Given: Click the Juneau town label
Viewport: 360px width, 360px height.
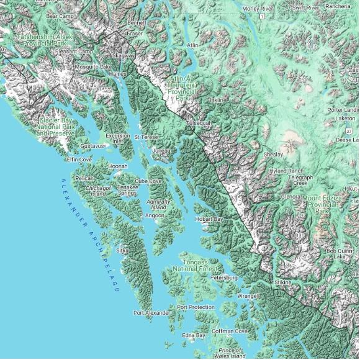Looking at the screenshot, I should [x=161, y=150].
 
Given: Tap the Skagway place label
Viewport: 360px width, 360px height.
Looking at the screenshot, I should [x=124, y=56].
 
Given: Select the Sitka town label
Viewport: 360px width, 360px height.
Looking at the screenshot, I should [x=122, y=250].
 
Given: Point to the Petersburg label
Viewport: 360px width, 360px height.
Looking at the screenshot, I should [x=224, y=278].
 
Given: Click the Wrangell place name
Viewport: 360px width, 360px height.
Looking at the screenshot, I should [x=248, y=296].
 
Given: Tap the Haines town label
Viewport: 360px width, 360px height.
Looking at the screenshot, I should [x=117, y=73].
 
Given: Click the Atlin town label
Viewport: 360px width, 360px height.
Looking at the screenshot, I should [x=193, y=45].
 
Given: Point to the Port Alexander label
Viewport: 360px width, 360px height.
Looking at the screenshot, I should [x=151, y=313].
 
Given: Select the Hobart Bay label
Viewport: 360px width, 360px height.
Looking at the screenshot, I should [x=209, y=219].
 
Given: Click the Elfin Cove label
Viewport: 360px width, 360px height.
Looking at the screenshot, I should [x=79, y=160].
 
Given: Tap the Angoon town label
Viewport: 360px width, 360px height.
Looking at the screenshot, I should [x=155, y=215].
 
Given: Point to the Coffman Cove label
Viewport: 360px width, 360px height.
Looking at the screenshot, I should [x=230, y=331].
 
